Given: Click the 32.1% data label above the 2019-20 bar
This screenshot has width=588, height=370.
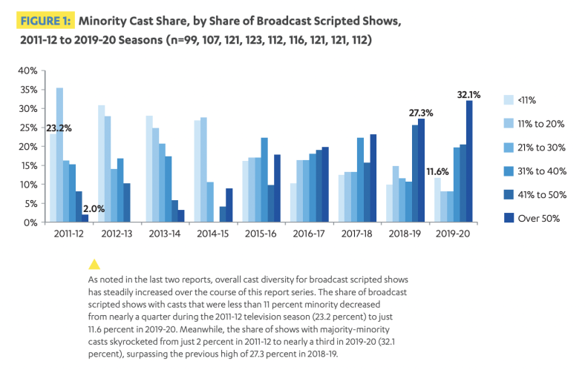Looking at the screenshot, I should (x=469, y=95).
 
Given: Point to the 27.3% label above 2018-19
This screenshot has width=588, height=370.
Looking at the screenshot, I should (x=421, y=113).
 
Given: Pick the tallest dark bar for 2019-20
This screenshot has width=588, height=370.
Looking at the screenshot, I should (x=469, y=161).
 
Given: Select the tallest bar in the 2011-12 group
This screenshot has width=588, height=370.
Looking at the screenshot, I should (x=59, y=154).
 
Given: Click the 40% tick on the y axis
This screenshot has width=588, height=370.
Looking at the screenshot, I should (x=27, y=70).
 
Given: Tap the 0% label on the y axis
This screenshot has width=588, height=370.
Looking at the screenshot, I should (x=30, y=222).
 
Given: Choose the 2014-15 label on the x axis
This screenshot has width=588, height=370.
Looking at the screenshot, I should (x=212, y=233).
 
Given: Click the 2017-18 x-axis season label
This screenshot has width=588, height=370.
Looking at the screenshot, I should (x=358, y=233).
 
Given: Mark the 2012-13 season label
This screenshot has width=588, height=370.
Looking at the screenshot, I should (x=116, y=233).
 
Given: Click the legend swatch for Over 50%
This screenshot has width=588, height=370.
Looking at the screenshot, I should (x=509, y=219).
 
